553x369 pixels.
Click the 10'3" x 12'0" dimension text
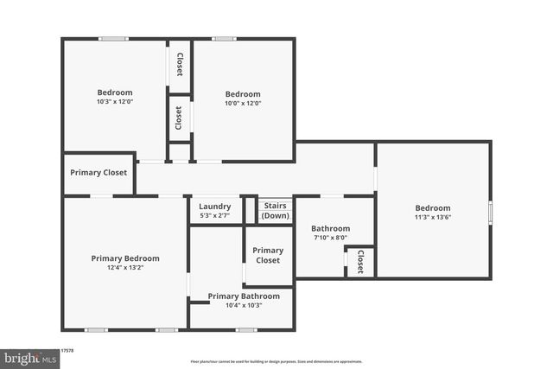pyautogui.click(x=114, y=102)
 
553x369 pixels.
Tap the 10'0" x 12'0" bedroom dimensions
pyautogui.click(x=243, y=103)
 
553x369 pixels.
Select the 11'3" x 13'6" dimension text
pyautogui.click(x=432, y=218)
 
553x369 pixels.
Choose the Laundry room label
pyautogui.click(x=214, y=207)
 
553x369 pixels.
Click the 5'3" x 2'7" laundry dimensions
pyautogui.click(x=214, y=215)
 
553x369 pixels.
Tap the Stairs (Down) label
pyautogui.click(x=275, y=211)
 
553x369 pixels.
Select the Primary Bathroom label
pyautogui.click(x=243, y=296)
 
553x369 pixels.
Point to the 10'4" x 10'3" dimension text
pyautogui.click(x=243, y=305)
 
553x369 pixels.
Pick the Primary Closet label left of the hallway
pyautogui.click(x=99, y=173)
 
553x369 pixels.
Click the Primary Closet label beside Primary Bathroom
pyautogui.click(x=268, y=255)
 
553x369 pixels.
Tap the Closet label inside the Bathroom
pyautogui.click(x=360, y=261)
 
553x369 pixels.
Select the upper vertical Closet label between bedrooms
pyautogui.click(x=179, y=65)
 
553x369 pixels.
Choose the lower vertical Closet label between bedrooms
pyautogui.click(x=179, y=118)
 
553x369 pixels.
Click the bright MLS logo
pyautogui.click(x=27, y=358)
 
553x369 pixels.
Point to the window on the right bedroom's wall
pyautogui.click(x=491, y=212)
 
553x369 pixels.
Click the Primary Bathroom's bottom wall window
pyautogui.click(x=246, y=329)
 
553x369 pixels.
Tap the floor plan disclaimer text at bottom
pyautogui.click(x=276, y=361)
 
